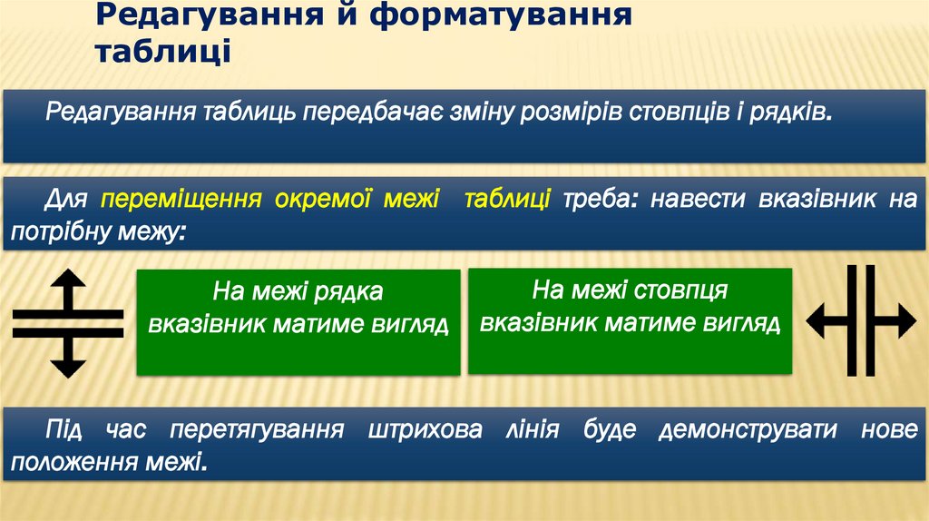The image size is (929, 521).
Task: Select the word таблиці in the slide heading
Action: [163, 51]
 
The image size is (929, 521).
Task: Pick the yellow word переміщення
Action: [181, 200]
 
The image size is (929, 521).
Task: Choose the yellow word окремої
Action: [323, 200]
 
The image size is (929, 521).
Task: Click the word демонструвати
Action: [749, 430]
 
